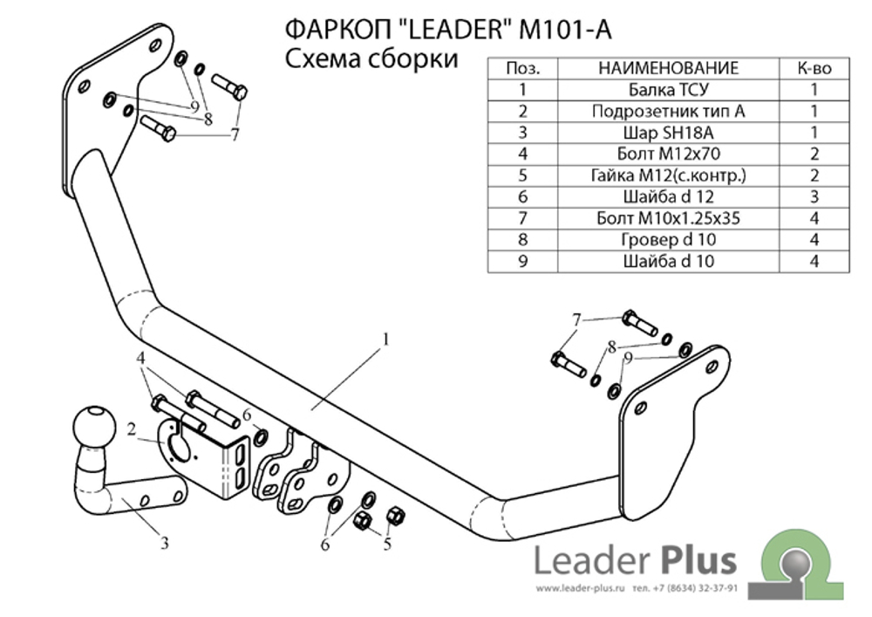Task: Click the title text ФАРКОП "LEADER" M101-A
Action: [x=448, y=30]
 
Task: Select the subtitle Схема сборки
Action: [x=371, y=59]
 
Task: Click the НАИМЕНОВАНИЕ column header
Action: [x=668, y=68]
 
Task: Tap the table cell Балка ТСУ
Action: [x=668, y=89]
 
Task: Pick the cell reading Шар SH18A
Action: [x=668, y=133]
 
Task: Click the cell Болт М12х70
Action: [x=668, y=154]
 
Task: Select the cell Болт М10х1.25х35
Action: [x=668, y=218]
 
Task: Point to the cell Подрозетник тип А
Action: [x=668, y=111]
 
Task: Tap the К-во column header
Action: [x=813, y=68]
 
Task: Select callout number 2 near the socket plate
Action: [x=132, y=428]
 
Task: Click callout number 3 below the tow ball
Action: [x=164, y=544]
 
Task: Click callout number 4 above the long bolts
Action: [x=140, y=359]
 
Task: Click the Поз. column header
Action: [x=522, y=68]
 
